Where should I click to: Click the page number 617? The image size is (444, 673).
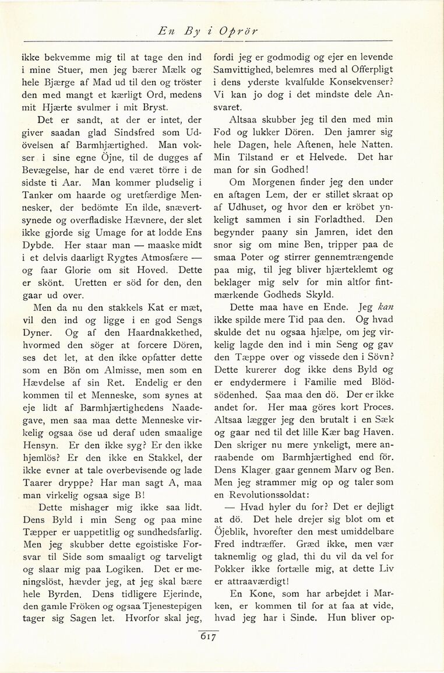click(x=208, y=637)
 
